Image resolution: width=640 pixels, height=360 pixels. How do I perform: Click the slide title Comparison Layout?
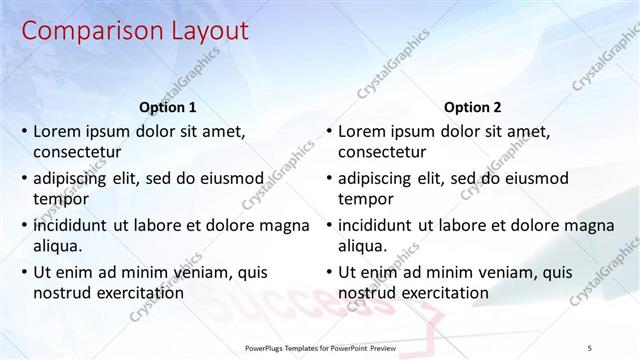pos(135,32)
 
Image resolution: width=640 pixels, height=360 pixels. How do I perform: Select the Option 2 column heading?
pos(473,107)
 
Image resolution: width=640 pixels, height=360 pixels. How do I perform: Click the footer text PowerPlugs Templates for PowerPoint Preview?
pos(321,347)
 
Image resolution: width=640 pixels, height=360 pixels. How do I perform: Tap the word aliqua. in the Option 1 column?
pos(59,246)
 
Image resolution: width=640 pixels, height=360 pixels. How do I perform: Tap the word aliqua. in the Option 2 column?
pos(364,246)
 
